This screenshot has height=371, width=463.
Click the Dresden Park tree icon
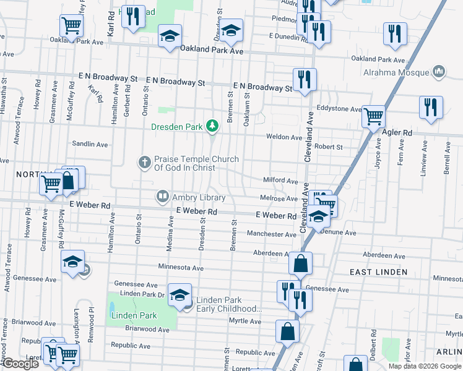click(x=213, y=126)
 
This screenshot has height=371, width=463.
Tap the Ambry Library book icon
click(x=162, y=197)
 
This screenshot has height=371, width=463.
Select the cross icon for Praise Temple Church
click(x=145, y=163)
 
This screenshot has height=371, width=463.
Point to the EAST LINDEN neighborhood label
click(x=378, y=272)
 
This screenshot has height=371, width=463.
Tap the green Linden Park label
click(x=134, y=315)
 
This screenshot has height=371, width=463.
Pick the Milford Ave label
click(x=281, y=181)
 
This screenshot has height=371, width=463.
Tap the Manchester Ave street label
click(x=272, y=234)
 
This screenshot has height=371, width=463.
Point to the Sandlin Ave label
click(x=90, y=144)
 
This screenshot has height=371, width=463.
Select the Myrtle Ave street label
click(x=245, y=321)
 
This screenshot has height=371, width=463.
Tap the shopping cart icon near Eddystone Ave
click(x=374, y=116)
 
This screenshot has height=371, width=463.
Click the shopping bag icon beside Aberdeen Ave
click(x=300, y=263)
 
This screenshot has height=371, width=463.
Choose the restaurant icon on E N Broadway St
click(x=305, y=80)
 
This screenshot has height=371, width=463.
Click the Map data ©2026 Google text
click(x=424, y=366)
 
